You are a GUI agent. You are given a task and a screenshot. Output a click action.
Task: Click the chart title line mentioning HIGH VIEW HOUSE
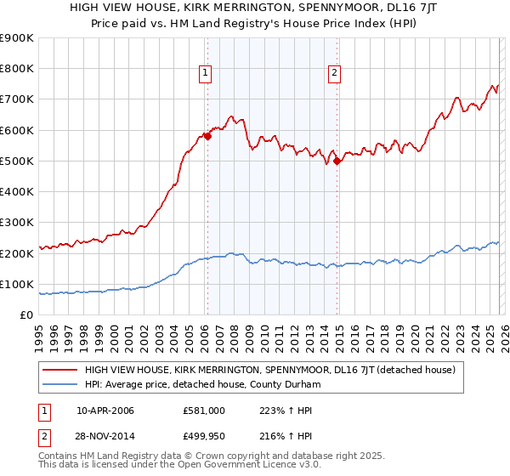(255, 7)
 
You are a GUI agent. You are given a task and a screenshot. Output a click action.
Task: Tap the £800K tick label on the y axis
(17, 69)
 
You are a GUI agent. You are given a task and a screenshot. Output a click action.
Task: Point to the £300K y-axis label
(17, 223)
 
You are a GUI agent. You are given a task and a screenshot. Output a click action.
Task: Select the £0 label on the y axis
(27, 315)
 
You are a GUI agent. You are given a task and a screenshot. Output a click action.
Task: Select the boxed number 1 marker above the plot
(207, 74)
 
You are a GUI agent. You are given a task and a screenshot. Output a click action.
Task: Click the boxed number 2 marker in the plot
(334, 74)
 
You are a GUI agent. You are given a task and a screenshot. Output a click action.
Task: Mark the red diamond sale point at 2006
(207, 136)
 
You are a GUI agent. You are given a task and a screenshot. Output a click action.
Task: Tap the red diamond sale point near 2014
(337, 161)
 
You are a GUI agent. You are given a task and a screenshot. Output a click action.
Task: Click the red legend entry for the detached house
(270, 370)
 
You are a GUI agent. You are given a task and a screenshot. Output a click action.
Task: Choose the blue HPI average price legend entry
(202, 385)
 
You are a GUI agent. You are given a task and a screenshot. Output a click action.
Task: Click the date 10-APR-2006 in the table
(105, 411)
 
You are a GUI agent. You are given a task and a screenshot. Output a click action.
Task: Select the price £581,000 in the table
(203, 411)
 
